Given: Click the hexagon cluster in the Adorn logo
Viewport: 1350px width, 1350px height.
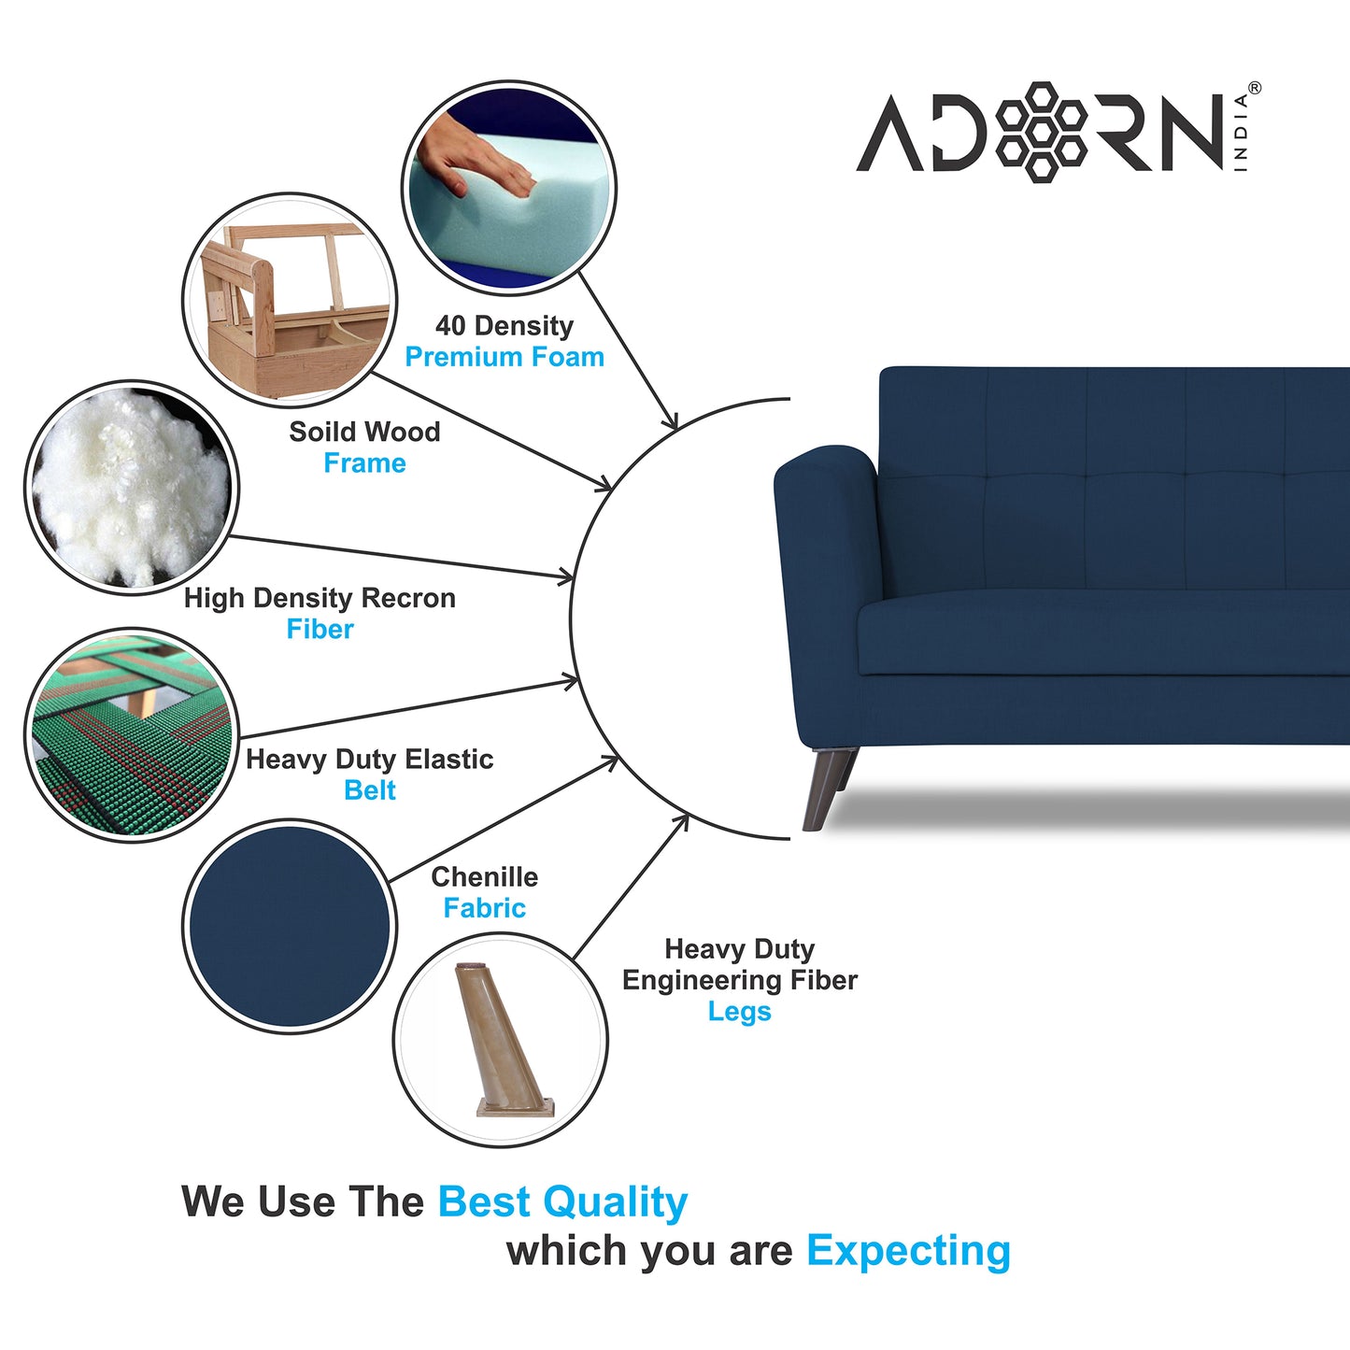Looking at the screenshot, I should coord(1041,132).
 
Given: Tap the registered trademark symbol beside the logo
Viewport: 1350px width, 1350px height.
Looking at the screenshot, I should coord(1254,88).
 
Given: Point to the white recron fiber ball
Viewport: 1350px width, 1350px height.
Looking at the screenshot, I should coord(131,486).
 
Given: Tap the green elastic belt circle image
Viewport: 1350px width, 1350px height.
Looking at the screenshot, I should coord(131,735).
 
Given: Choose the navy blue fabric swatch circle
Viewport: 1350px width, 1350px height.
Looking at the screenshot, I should coord(290,926).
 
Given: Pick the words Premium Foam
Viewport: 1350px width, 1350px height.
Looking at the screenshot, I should coord(504,357).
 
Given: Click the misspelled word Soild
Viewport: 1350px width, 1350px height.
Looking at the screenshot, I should coord(318,432).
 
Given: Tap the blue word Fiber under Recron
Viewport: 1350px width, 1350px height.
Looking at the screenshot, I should coord(320,630).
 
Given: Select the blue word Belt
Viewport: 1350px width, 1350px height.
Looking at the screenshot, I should coord(370,790).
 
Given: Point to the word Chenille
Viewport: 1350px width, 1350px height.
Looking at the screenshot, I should coord(484,877).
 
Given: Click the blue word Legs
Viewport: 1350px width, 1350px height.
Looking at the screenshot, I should coord(739,1012).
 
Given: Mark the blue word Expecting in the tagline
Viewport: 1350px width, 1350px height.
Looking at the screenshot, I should coord(908,1251).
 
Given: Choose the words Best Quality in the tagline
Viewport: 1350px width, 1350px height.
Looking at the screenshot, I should coord(562,1202).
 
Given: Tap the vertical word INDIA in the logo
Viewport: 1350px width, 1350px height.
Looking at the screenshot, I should coord(1241,132).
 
